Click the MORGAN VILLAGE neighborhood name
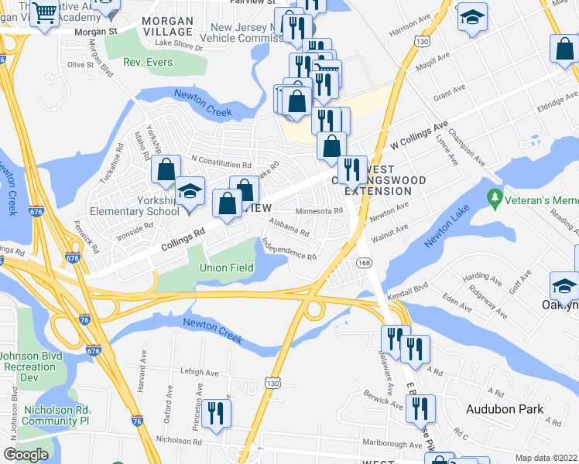pos(168,26)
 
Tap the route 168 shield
pos(365,264)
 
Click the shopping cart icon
pos(46,12)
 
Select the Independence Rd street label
pos(289,250)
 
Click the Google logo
pos(26,455)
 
